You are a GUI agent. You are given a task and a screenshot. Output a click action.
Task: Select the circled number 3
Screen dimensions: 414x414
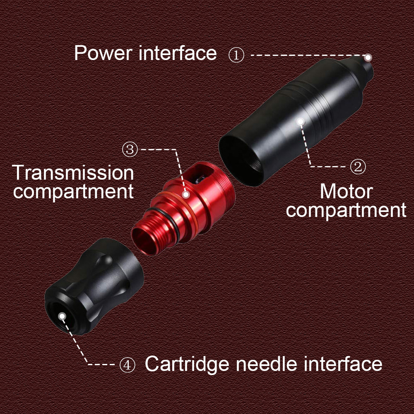[x=130, y=149]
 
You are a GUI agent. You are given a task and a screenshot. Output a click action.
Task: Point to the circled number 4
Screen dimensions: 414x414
[x=127, y=365]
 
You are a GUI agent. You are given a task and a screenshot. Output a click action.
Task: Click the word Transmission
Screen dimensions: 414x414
[x=73, y=173]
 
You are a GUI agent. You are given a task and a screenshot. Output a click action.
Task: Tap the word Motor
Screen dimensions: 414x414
[x=346, y=191]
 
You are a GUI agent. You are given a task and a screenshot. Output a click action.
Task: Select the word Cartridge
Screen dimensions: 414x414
[x=187, y=364]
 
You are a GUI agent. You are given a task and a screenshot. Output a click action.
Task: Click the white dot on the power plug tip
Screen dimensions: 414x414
[x=368, y=57]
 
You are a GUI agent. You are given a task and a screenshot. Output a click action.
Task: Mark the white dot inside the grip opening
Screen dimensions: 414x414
[x=62, y=316]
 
